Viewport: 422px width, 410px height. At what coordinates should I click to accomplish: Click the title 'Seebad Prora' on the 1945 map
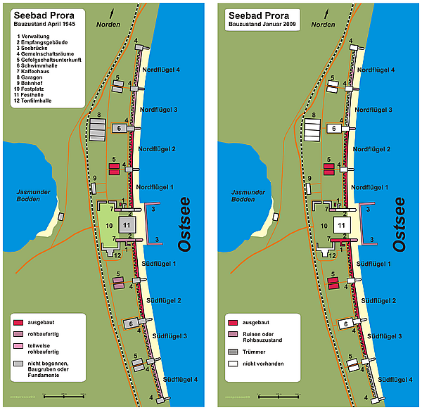[x=43, y=14]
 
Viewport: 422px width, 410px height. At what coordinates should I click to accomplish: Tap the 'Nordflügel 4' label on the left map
[x=161, y=70]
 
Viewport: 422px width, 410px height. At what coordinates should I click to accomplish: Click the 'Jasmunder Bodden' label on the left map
[x=36, y=196]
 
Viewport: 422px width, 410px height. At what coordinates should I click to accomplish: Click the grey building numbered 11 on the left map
[x=126, y=224]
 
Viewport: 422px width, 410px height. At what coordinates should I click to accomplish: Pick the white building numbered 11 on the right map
[x=340, y=225]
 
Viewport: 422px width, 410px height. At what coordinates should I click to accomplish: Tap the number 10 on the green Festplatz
[x=109, y=224]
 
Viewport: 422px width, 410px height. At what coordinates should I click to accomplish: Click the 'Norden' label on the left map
[x=110, y=25]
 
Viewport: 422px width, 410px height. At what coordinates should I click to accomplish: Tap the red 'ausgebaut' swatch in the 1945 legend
[x=18, y=321]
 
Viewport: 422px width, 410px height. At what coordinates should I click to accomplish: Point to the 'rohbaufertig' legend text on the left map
[x=46, y=333]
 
